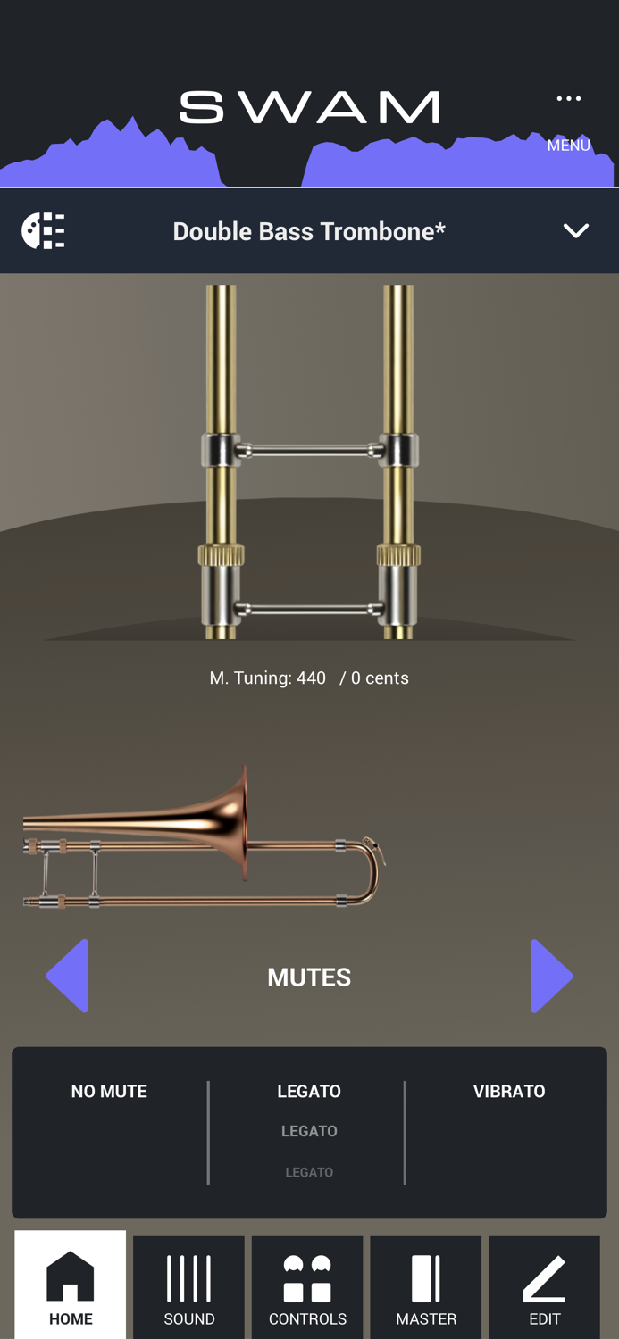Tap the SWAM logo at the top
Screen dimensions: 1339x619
click(x=309, y=108)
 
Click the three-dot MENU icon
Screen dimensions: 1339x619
click(x=569, y=99)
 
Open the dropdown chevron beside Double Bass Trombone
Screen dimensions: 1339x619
click(x=576, y=231)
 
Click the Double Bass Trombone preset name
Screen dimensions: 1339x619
click(x=309, y=231)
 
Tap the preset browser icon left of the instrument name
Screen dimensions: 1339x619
click(x=43, y=231)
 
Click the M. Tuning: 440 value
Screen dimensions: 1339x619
click(x=268, y=678)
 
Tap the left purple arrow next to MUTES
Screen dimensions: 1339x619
click(x=68, y=976)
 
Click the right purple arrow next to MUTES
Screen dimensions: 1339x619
click(x=550, y=976)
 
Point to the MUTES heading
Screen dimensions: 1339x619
click(x=309, y=977)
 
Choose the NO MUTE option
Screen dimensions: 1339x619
click(x=109, y=1092)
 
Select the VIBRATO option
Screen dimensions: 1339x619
click(x=509, y=1092)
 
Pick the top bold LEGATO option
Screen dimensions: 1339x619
click(x=309, y=1092)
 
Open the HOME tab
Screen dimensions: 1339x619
click(x=71, y=1285)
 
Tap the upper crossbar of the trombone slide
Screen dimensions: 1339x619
click(x=309, y=451)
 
